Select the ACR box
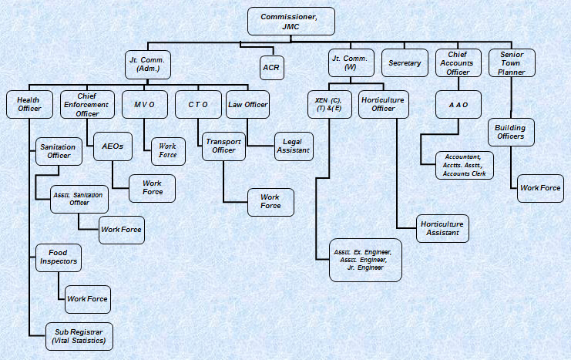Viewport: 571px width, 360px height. tap(270, 68)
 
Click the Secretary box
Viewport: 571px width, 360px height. tap(405, 63)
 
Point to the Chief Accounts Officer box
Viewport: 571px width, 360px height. tap(458, 63)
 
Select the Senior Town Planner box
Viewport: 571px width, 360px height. tap(512, 63)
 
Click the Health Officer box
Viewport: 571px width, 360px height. tap(29, 104)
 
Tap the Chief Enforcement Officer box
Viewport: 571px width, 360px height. tap(86, 104)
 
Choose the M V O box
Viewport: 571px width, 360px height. tap(144, 104)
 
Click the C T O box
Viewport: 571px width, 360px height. tap(198, 104)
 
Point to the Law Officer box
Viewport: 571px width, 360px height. tap(247, 104)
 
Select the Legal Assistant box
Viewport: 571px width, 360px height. tap(293, 146)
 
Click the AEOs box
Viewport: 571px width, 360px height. tap(113, 146)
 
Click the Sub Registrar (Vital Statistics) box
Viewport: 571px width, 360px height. tap(79, 335)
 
